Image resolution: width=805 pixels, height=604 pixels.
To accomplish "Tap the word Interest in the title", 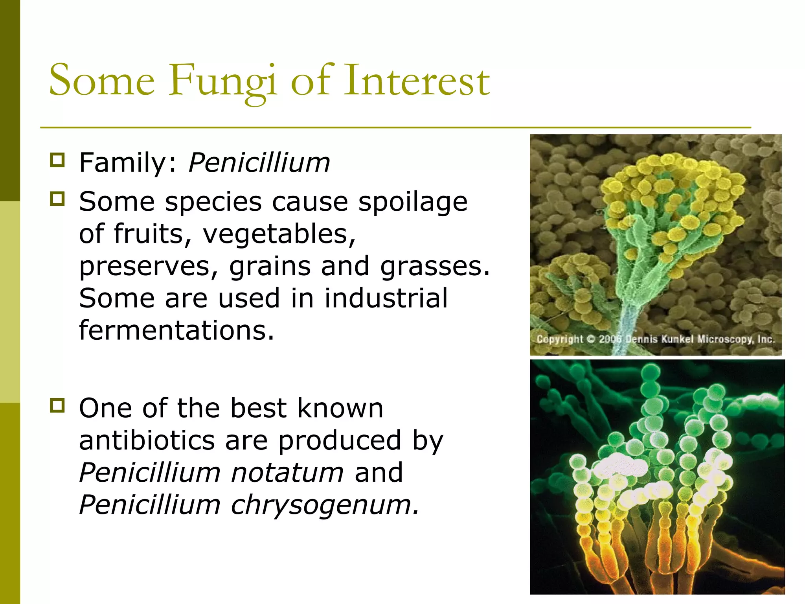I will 417,81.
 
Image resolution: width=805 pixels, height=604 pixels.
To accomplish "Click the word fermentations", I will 176,330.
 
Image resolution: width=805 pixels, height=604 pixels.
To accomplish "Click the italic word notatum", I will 287,473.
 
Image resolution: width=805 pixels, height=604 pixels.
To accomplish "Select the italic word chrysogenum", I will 325,505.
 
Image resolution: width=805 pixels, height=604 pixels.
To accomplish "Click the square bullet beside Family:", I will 57,160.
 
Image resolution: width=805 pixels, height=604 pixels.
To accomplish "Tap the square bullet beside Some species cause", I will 57,199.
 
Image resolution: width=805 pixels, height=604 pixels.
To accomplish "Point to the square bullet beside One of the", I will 57,405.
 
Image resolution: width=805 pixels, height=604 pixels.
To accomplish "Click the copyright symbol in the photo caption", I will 591,339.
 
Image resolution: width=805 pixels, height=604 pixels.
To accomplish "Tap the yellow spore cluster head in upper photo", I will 668,185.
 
